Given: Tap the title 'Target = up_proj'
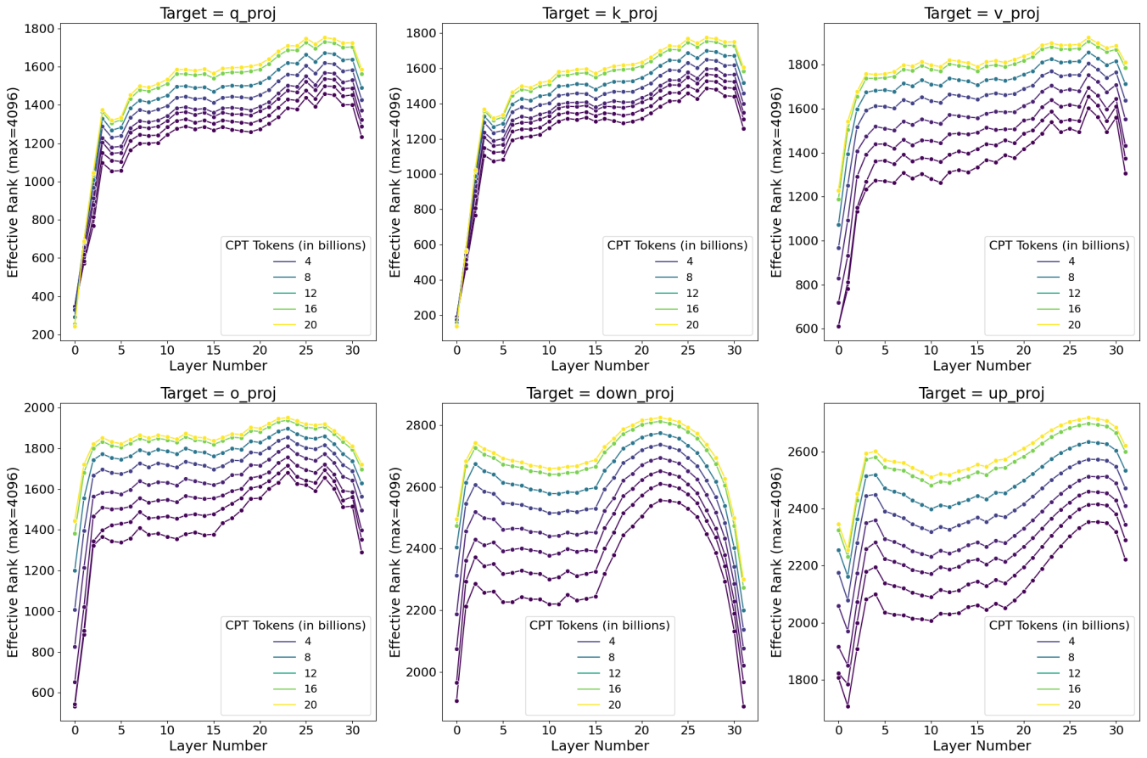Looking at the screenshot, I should coord(982,393).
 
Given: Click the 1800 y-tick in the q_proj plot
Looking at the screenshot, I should coord(40,29).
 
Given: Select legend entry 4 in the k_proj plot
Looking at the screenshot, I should coord(689,261).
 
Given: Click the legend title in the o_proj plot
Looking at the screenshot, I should coord(295,625).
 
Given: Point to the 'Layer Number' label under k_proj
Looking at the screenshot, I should coord(600,366).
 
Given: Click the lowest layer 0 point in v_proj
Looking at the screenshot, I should coord(838,326).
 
